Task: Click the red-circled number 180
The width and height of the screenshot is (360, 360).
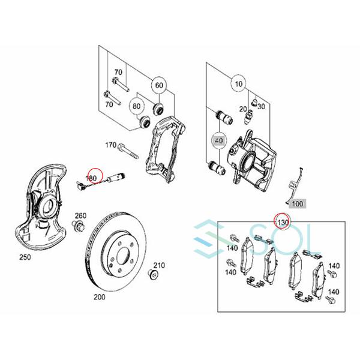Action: coord(92,178)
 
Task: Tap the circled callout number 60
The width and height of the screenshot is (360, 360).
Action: coord(159,85)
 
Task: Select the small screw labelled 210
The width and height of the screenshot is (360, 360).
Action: coord(154,276)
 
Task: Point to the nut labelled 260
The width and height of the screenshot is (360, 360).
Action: coord(79,227)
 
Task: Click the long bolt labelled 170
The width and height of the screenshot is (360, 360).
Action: coord(128,147)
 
